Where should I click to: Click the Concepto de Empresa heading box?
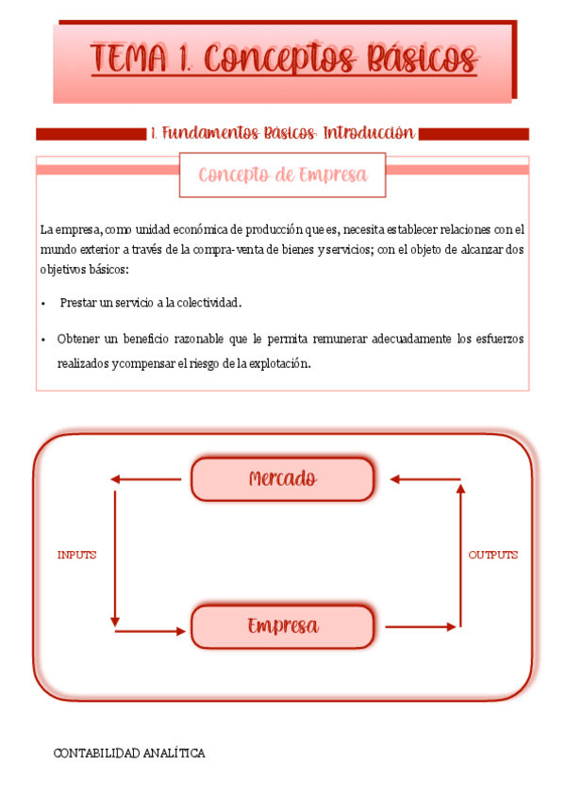tap(282, 175)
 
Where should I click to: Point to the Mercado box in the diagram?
tap(282, 479)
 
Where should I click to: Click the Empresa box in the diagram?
tap(282, 626)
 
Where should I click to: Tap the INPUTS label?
tap(76, 555)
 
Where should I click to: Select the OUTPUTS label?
tap(493, 555)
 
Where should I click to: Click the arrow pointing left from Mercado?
tap(146, 479)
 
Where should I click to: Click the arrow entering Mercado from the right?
tap(424, 479)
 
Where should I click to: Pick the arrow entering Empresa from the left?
tap(151, 630)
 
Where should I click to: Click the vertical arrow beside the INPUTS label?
tap(114, 555)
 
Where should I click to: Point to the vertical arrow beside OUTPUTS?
tap(460, 555)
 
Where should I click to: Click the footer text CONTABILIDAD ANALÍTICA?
tap(129, 753)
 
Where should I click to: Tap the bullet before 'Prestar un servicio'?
tap(43, 304)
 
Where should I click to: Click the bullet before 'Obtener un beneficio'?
tap(43, 339)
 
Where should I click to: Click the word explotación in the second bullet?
tap(277, 363)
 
